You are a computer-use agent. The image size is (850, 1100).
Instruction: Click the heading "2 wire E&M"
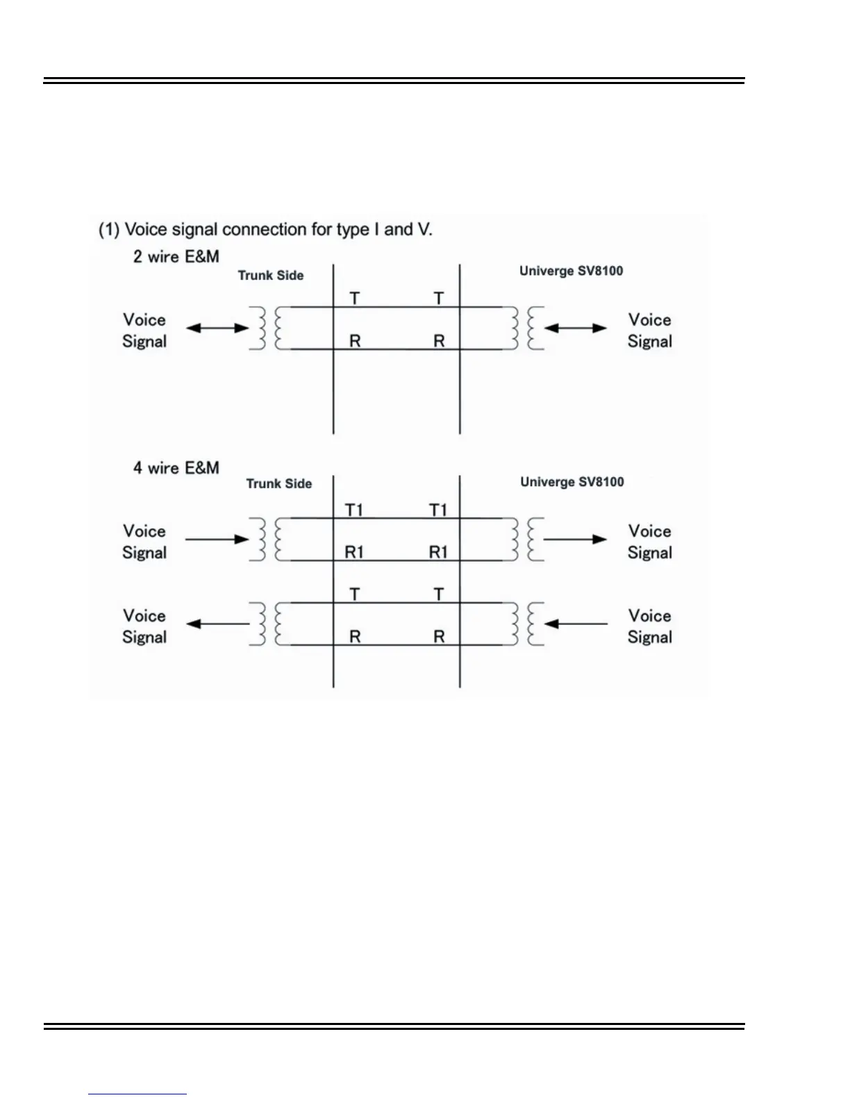coord(176,257)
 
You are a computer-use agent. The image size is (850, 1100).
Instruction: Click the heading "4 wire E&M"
coord(176,468)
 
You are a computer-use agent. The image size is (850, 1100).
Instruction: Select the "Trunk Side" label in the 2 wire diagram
coord(271,276)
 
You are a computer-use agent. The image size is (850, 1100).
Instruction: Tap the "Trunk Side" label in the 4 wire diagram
coord(279,484)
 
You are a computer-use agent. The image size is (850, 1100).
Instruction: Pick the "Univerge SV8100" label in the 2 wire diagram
coord(571,271)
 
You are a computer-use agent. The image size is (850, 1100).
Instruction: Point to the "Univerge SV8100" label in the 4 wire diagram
coord(572,482)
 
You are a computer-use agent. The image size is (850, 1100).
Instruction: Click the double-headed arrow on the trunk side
coord(217,328)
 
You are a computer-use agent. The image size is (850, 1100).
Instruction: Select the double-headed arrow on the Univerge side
coord(576,328)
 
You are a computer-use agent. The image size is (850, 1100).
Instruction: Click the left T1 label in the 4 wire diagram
coord(354,510)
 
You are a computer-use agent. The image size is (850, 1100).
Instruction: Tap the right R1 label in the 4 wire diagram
coord(438,553)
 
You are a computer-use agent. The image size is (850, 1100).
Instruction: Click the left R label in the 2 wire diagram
coord(355,342)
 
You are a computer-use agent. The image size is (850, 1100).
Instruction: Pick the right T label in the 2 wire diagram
coord(439,299)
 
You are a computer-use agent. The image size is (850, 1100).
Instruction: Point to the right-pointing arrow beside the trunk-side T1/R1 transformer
coord(217,539)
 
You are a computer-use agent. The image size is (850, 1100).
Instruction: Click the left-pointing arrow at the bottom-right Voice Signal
coord(576,624)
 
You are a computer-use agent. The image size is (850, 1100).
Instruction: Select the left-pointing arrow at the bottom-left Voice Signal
coord(217,624)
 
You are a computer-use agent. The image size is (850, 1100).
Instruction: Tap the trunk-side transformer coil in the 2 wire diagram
coord(269,328)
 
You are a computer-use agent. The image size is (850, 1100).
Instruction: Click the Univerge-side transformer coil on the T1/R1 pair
coord(524,539)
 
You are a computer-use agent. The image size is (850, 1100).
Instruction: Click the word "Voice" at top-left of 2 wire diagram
coord(144,320)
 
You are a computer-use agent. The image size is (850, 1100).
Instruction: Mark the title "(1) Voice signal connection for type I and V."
coord(265,230)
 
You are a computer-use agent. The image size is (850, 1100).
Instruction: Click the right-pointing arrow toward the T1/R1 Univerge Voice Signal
coord(576,539)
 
